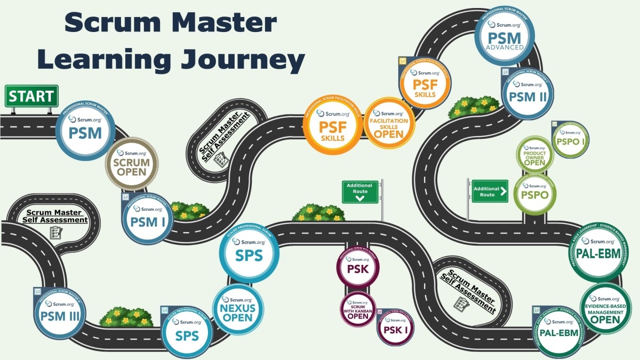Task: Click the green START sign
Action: (x=31, y=97)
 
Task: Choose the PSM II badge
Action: (x=527, y=94)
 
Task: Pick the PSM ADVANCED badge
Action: (x=505, y=37)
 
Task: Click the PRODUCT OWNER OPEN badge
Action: (x=534, y=154)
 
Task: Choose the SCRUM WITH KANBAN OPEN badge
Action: (x=359, y=308)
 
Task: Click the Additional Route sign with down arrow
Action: (x=360, y=191)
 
